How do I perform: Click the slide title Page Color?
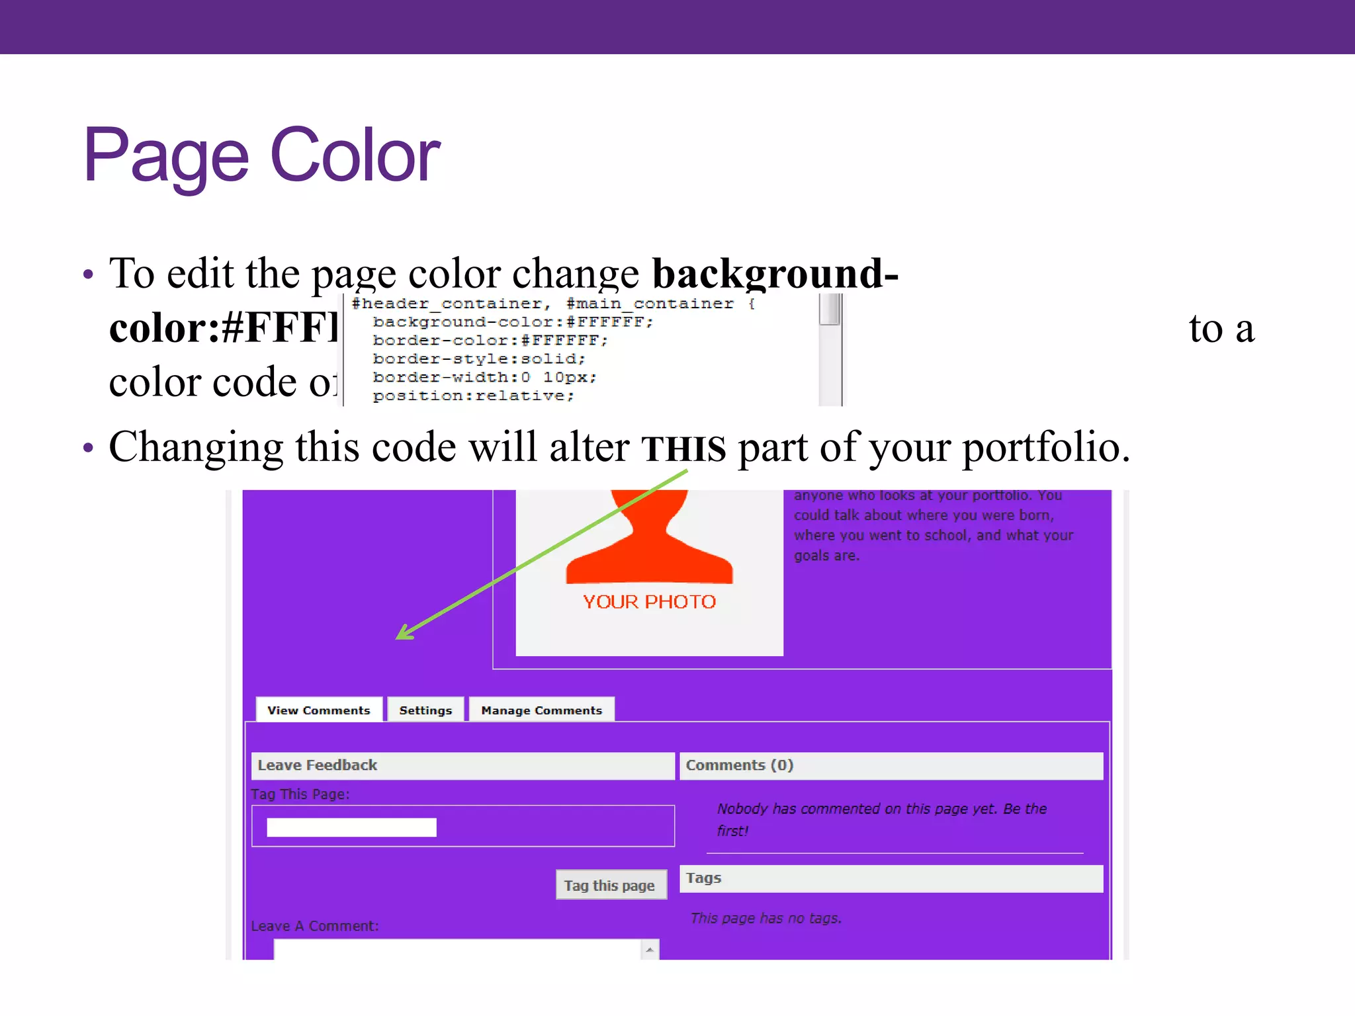(x=261, y=156)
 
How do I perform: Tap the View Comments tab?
(x=318, y=710)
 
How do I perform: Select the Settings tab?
(x=425, y=710)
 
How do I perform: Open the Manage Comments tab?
(x=541, y=710)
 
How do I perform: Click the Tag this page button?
(x=609, y=886)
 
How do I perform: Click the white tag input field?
(x=351, y=827)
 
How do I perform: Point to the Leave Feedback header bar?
(x=462, y=765)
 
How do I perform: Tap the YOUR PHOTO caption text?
(x=649, y=602)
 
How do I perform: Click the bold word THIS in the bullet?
(x=683, y=448)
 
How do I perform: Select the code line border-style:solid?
(x=479, y=359)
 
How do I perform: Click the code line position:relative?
(x=473, y=396)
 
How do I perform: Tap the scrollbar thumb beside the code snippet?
(x=830, y=309)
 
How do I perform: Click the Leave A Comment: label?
(x=315, y=926)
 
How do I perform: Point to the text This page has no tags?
(x=765, y=918)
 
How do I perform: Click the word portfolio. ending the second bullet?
(x=1046, y=448)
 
